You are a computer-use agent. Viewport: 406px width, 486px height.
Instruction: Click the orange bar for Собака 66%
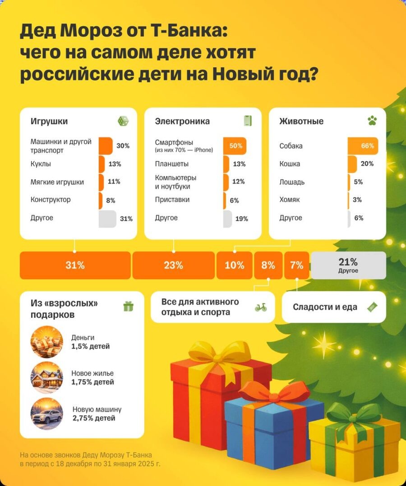pyautogui.click(x=363, y=146)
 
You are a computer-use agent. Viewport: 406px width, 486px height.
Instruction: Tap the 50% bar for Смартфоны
pyautogui.click(x=235, y=146)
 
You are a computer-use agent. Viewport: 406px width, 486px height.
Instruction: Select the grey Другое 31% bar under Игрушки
pyautogui.click(x=107, y=219)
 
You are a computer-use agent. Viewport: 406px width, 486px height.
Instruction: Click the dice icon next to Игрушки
pyautogui.click(x=123, y=121)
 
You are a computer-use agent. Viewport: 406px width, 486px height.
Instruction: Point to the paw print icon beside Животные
pyautogui.click(x=372, y=121)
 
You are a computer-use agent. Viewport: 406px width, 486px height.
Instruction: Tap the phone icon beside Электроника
pyautogui.click(x=247, y=121)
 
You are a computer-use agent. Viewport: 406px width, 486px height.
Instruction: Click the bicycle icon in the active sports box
pyautogui.click(x=260, y=307)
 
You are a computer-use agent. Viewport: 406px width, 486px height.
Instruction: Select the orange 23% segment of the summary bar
pyautogui.click(x=173, y=266)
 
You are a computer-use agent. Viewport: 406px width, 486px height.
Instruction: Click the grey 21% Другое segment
pyautogui.click(x=348, y=266)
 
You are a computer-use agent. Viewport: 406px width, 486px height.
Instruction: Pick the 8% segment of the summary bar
pyautogui.click(x=268, y=266)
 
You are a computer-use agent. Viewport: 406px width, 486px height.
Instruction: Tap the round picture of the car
pyautogui.click(x=47, y=414)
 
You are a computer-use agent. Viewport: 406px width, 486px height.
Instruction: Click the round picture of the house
pyautogui.click(x=47, y=378)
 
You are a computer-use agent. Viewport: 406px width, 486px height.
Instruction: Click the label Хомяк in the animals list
pyautogui.click(x=289, y=200)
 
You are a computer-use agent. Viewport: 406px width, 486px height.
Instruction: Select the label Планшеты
pyautogui.click(x=171, y=164)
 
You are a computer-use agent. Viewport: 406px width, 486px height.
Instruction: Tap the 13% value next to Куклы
pyautogui.click(x=115, y=164)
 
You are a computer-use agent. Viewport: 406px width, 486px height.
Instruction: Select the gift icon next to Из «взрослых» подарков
pyautogui.click(x=129, y=307)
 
